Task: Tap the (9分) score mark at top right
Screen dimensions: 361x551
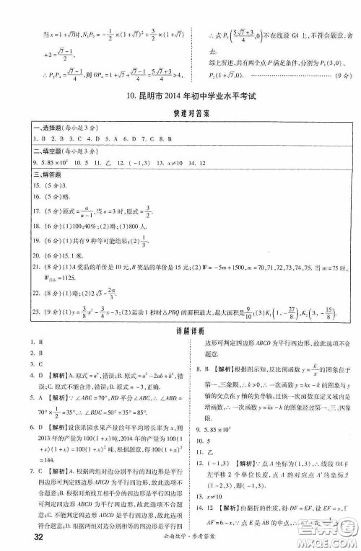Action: (x=344, y=73)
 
